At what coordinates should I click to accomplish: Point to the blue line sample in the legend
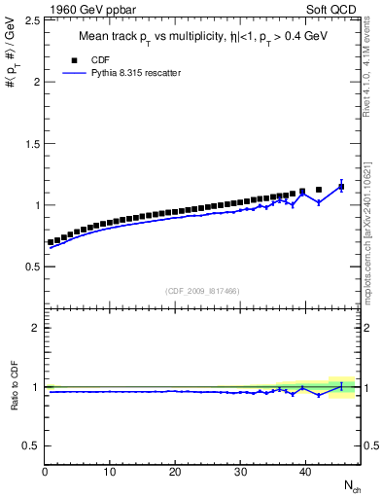77,73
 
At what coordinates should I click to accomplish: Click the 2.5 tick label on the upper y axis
29,19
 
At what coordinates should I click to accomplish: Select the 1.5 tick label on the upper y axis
29,143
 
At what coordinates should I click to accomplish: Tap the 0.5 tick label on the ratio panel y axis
29,445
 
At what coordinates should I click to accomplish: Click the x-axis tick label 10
110,472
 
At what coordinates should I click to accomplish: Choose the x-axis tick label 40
304,472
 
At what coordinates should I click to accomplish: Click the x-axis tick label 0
45,472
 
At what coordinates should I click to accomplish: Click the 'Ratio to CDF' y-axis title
12,386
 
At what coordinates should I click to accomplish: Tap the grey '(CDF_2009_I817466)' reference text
202,289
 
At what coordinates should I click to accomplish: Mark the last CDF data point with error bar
341,185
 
